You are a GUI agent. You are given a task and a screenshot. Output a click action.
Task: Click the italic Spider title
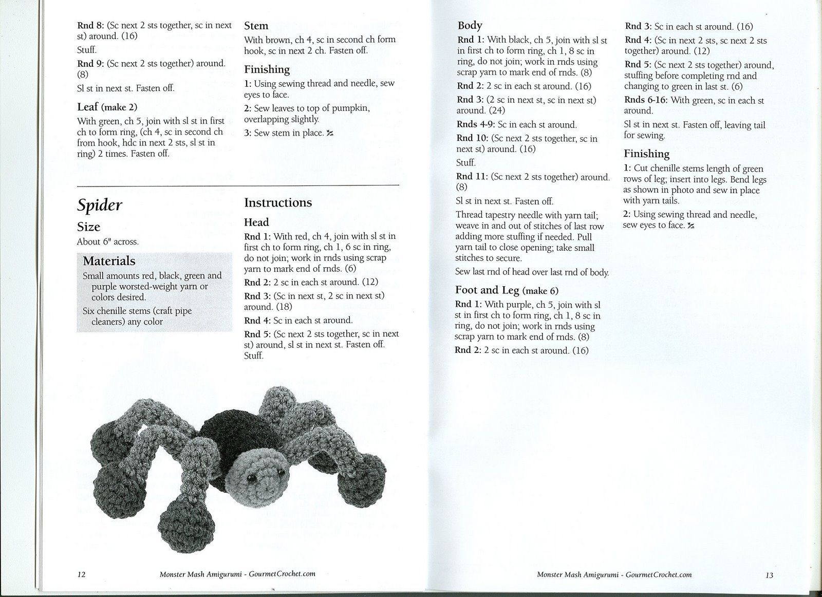pos(100,206)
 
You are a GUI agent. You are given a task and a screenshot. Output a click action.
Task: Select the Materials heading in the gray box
pos(109,261)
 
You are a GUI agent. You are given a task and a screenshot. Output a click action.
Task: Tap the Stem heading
pos(256,26)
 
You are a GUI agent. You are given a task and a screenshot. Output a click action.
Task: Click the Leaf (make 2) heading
pos(107,107)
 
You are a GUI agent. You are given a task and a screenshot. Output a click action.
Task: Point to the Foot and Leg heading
pos(507,290)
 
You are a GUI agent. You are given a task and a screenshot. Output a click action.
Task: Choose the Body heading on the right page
pos(470,25)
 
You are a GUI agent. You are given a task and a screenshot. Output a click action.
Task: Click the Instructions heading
pos(278,203)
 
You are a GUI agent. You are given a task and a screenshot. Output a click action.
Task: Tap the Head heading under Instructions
pos(256,222)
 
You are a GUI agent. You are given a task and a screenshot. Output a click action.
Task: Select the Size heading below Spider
pos(88,227)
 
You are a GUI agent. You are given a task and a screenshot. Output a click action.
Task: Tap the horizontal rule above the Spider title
pos(238,184)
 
